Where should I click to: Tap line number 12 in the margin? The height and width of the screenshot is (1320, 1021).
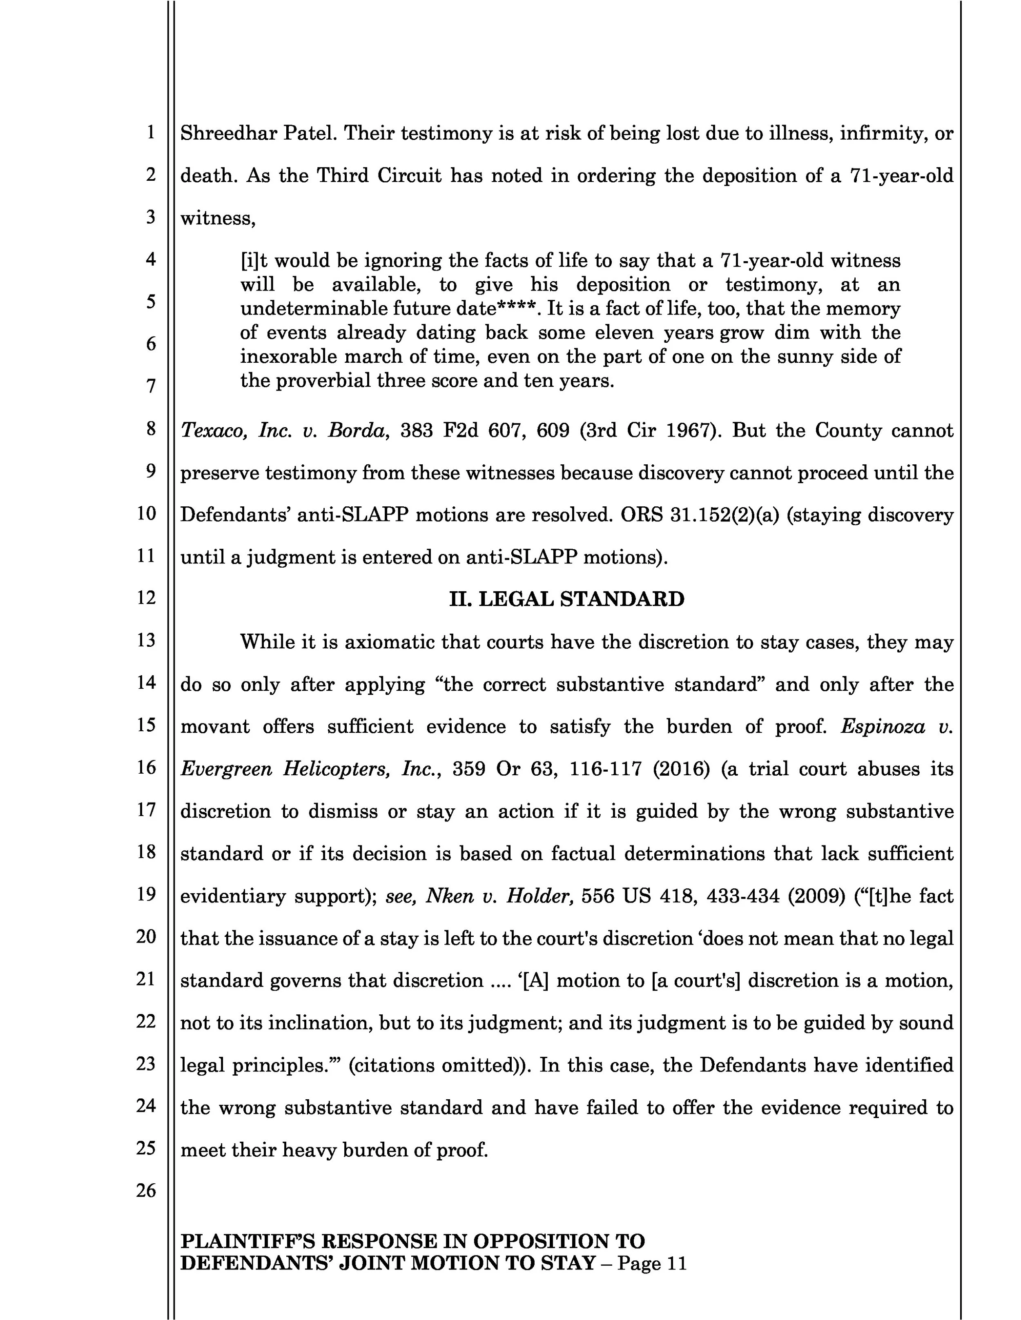click(x=146, y=598)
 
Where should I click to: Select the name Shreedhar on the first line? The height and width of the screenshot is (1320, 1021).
click(x=229, y=133)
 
